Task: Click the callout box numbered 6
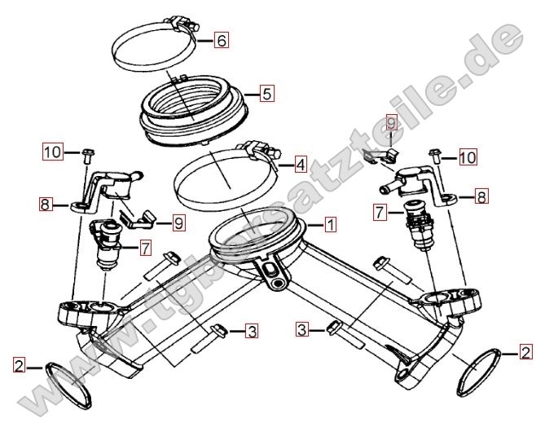tap(221, 40)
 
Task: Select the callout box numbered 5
tap(267, 94)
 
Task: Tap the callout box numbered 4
tap(301, 164)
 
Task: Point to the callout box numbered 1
tap(330, 224)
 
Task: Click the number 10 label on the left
tap(53, 152)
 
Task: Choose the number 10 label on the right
tap(468, 156)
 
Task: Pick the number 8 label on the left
tap(45, 204)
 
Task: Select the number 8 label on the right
tap(481, 196)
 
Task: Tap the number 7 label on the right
tap(380, 212)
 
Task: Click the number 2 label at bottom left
tap(19, 364)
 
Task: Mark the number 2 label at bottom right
tap(525, 351)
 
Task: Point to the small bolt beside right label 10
tap(436, 156)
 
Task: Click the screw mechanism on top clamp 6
tap(182, 23)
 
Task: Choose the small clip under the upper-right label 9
tap(381, 154)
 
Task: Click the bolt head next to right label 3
tap(334, 327)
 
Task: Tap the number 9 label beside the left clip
tap(178, 222)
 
